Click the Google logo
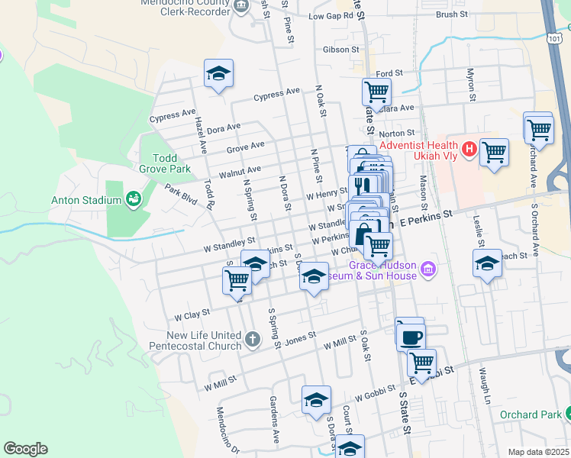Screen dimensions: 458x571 (25, 449)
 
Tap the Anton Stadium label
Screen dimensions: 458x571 (86, 201)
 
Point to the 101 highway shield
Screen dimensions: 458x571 (556, 37)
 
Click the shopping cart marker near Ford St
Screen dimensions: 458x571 (376, 92)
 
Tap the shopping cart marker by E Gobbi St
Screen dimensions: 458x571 (421, 362)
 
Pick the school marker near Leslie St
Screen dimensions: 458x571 (487, 263)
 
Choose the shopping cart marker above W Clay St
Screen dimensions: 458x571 (237, 280)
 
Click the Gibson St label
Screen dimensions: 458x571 (340, 50)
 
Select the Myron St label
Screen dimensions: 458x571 (471, 88)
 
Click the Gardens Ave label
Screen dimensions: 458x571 (275, 412)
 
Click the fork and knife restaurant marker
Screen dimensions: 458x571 (363, 184)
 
